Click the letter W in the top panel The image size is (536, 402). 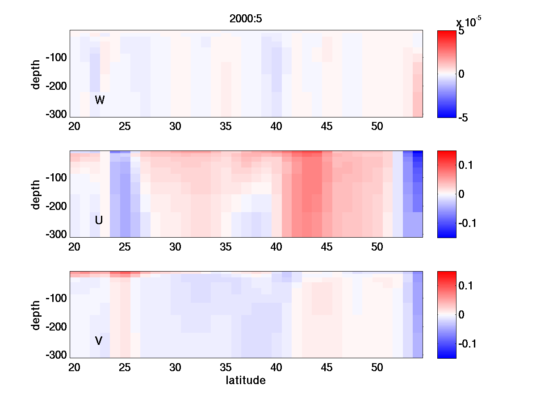click(x=100, y=100)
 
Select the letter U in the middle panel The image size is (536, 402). click(x=99, y=220)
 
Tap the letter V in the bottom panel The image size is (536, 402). click(x=99, y=341)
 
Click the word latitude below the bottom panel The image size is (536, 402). click(x=246, y=381)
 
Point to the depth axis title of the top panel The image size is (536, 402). click(x=37, y=74)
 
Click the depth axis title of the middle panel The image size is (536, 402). click(x=37, y=194)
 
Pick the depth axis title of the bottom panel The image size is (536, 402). click(x=37, y=315)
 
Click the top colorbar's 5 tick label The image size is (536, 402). click(x=461, y=32)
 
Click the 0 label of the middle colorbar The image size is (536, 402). click(x=461, y=194)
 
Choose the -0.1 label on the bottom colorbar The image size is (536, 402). click(x=467, y=343)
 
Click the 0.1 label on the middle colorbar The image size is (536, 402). click(x=465, y=165)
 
